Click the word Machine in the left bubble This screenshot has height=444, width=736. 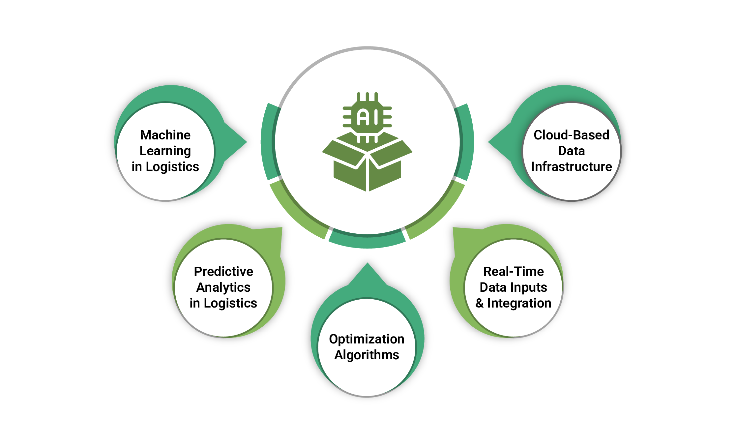coord(165,135)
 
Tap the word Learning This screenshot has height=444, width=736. coord(165,151)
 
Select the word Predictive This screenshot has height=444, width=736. coord(223,272)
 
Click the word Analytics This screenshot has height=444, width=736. coord(223,287)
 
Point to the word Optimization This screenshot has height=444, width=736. coord(367,339)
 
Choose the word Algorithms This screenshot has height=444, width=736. coord(367,355)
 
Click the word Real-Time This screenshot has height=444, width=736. coord(513,272)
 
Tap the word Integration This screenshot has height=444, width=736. coord(519,303)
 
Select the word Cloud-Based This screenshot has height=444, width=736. coord(571,135)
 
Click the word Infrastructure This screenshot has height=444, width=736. coord(571,167)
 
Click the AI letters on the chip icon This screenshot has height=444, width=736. coord(367,117)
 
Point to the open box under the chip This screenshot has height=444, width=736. coord(367,165)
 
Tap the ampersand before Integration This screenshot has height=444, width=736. coord(480,303)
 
